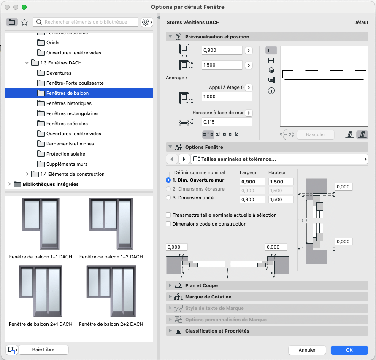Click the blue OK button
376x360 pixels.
click(x=349, y=350)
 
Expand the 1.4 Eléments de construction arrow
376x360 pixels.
click(x=27, y=174)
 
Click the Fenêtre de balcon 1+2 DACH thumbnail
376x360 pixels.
click(x=111, y=224)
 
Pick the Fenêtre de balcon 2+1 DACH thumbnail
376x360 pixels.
click(x=41, y=291)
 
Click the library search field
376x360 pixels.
click(x=86, y=22)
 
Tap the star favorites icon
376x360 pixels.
click(x=24, y=22)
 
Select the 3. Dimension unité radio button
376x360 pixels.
click(x=168, y=198)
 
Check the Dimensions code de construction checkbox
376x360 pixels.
click(x=168, y=224)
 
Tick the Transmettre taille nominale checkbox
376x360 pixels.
click(x=168, y=215)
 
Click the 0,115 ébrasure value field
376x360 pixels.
click(x=227, y=122)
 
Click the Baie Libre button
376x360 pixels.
click(x=43, y=350)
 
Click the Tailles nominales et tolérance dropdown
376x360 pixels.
click(x=279, y=159)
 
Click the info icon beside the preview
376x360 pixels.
click(x=271, y=91)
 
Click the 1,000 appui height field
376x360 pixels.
click(x=227, y=97)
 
